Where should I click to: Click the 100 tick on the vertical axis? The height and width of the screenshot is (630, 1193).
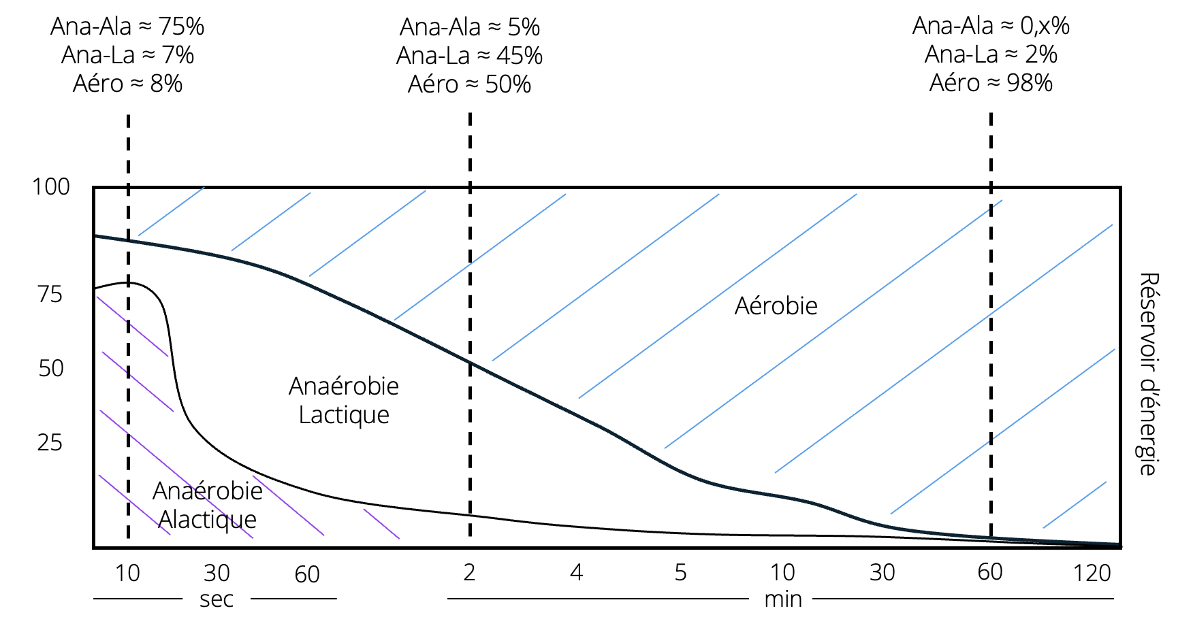pos(51,186)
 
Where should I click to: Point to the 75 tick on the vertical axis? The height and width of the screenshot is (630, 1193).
pos(50,295)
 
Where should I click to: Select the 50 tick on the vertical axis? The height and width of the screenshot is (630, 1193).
pos(51,368)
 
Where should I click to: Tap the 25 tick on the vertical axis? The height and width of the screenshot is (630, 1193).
pos(50,443)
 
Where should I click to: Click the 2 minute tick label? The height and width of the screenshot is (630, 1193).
pos(469,573)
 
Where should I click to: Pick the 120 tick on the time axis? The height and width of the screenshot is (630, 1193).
pos(1092,574)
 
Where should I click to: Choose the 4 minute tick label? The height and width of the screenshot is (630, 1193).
pos(576,573)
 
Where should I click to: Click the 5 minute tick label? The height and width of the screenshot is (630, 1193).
pos(680,573)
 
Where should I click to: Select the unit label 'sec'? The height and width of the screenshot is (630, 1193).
pos(217,599)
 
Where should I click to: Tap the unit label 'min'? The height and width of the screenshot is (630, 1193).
pos(783,599)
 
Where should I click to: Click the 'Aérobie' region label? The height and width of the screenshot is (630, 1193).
pos(776,306)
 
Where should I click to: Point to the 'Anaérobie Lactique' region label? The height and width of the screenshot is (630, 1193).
pos(344,400)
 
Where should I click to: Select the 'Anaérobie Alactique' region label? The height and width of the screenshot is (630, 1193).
pos(208,505)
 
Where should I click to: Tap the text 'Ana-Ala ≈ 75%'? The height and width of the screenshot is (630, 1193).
pos(127,27)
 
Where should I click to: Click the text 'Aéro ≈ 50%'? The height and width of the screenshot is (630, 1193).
pos(469,84)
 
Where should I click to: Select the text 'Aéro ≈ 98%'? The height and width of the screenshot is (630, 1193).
pos(991,83)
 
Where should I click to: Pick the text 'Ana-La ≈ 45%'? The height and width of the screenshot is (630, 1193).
pos(469,56)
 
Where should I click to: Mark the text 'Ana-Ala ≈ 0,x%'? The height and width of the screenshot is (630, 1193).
pos(991,26)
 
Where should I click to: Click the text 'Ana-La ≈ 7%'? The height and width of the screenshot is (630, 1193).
pos(127,55)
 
